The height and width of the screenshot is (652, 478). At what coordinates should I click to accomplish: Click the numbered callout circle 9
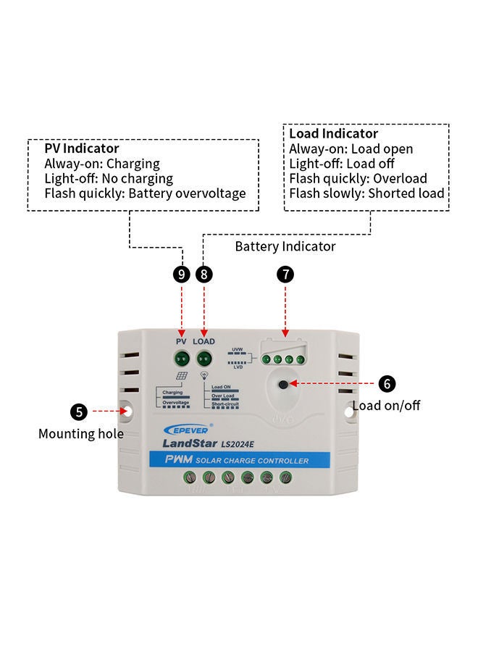pos(183,275)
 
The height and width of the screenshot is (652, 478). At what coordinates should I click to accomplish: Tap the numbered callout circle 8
pos(205,275)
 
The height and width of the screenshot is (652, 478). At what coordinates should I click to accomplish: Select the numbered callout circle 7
pos(286,275)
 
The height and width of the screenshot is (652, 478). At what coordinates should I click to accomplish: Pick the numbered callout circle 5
pos(80,411)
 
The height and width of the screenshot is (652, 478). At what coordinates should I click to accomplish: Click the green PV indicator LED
pos(181,357)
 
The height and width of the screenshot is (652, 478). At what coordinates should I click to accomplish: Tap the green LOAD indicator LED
pos(204,357)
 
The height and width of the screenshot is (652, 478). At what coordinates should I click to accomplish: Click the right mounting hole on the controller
pos(348,410)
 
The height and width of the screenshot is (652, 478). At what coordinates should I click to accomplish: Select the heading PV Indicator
pos(81,149)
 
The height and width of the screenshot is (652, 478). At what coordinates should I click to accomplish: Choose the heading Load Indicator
pos(333,133)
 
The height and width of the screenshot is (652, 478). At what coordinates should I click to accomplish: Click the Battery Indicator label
pos(285,246)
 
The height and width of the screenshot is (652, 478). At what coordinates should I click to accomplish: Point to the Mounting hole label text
pos(81,434)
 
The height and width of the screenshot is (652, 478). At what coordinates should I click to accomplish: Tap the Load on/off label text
pos(386,406)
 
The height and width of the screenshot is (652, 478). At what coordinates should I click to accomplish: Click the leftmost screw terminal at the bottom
pos(190,477)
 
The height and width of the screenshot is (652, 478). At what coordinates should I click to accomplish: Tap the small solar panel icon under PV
pos(182,377)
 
